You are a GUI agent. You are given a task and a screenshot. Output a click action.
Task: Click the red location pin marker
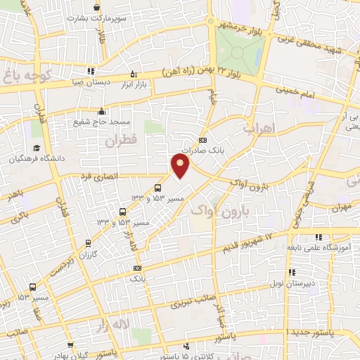pyautogui.click(x=181, y=167)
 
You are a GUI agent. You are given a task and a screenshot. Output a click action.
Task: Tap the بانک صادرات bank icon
pyautogui.click(x=202, y=139)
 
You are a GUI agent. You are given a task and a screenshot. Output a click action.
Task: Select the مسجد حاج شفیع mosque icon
pyautogui.click(x=102, y=110)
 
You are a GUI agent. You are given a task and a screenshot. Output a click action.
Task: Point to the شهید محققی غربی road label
pyautogui.click(x=323, y=45)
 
